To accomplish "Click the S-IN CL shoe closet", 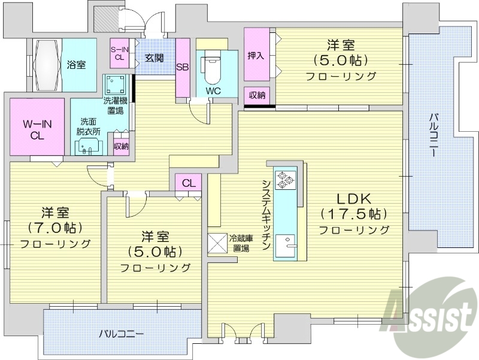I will coord(119,53).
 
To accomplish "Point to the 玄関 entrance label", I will coord(154,58).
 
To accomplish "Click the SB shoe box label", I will coord(182,67).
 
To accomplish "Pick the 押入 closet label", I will coord(256,56).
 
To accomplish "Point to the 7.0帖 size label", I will coord(55,228).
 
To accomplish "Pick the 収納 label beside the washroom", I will coord(121,146).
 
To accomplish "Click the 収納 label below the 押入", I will coord(258,95).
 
